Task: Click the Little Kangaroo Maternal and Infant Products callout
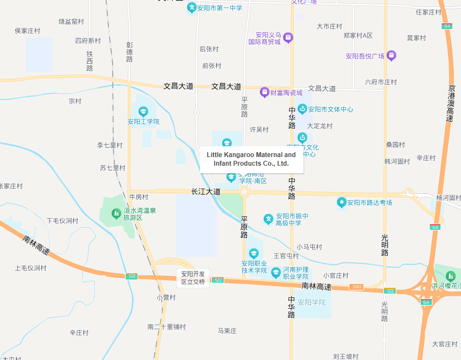tap(251, 159)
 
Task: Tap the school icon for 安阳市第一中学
tap(191, 8)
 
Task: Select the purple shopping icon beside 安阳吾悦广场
tap(391, 56)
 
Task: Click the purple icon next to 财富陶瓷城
tap(265, 92)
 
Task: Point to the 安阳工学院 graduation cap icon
tap(143, 112)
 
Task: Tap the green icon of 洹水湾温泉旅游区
tap(116, 214)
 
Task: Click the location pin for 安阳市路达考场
tap(341, 203)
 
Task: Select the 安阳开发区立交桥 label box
tap(193, 278)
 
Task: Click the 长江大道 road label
tap(206, 192)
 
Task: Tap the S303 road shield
tap(356, 287)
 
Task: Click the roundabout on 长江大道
tap(244, 192)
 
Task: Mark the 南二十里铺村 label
tap(167, 327)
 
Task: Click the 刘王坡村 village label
tap(346, 356)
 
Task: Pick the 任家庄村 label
tap(429, 12)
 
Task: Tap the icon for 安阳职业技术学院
tap(254, 253)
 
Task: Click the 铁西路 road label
tap(90, 61)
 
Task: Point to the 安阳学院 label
tap(312, 302)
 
